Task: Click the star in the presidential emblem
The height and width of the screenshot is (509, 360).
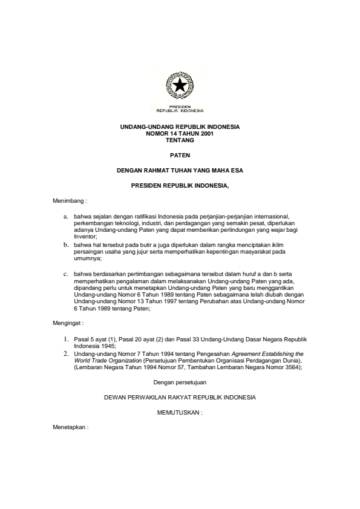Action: pos(180,87)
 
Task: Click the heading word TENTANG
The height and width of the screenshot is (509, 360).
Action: pos(180,139)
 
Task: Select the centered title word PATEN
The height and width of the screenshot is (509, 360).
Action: pos(180,155)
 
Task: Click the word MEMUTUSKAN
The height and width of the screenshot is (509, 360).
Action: pos(179,413)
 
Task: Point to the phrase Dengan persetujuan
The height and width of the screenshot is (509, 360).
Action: pos(180,382)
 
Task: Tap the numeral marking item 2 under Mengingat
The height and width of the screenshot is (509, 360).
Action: pos(67,352)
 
